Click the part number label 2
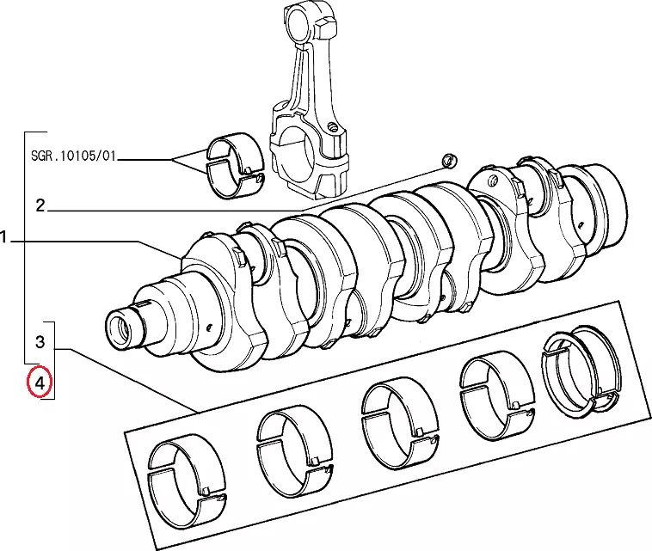(x=40, y=205)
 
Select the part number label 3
(x=40, y=342)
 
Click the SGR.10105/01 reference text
(x=71, y=158)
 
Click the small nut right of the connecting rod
(x=447, y=160)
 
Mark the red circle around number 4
(x=40, y=382)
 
